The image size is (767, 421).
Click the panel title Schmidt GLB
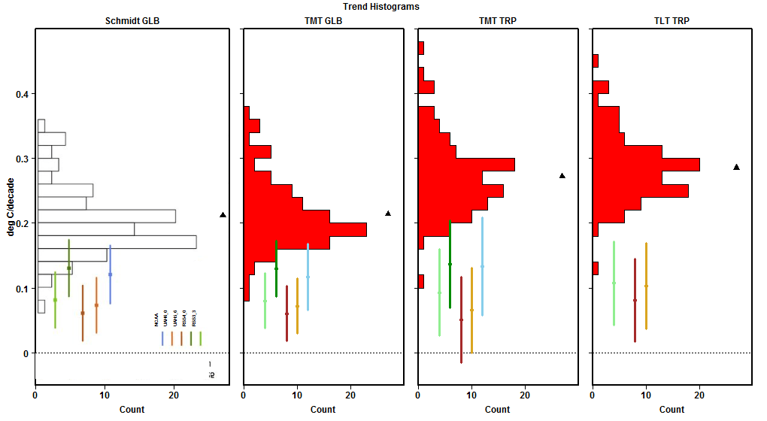point(132,21)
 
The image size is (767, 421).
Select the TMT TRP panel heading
point(497,21)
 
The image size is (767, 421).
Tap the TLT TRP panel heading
point(672,21)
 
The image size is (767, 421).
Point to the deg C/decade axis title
point(11,207)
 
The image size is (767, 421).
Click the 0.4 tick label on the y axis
point(24,94)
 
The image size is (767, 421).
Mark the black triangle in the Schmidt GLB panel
point(223,215)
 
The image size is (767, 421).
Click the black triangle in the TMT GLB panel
point(388,214)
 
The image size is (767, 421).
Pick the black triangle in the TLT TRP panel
point(736,167)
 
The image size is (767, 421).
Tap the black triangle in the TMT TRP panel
point(562,176)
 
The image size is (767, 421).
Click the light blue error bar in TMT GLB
point(308,277)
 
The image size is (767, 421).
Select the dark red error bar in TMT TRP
point(461,320)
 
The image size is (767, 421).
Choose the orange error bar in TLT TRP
point(646,286)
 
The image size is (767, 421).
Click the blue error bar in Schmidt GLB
point(111,274)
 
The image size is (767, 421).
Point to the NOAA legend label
point(157,320)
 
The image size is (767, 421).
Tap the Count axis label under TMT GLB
point(323,410)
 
